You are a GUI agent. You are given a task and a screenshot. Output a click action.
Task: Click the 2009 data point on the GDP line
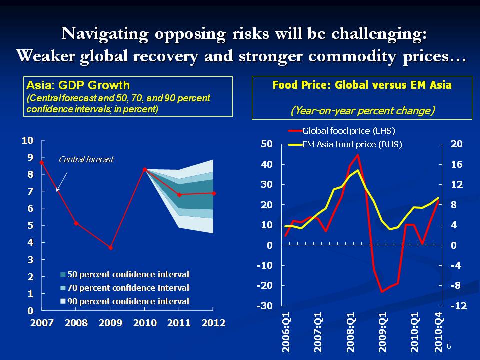(x=110, y=247)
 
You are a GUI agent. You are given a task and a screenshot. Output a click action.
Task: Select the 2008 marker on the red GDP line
(x=76, y=223)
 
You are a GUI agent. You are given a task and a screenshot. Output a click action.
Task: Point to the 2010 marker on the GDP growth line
(x=145, y=170)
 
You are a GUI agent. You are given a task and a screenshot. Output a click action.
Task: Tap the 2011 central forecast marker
(x=179, y=195)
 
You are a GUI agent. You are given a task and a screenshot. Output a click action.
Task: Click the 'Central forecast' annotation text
(x=86, y=160)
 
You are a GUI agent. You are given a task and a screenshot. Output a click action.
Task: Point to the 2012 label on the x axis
(x=213, y=323)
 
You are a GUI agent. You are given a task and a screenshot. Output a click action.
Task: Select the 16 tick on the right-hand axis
(x=457, y=164)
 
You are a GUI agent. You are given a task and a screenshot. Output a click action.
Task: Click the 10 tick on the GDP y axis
(x=28, y=140)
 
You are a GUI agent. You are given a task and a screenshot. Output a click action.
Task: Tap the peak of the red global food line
(x=357, y=154)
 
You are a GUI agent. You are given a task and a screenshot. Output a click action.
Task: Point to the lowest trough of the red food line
(x=382, y=291)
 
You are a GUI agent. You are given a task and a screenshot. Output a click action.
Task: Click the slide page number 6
(x=448, y=346)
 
